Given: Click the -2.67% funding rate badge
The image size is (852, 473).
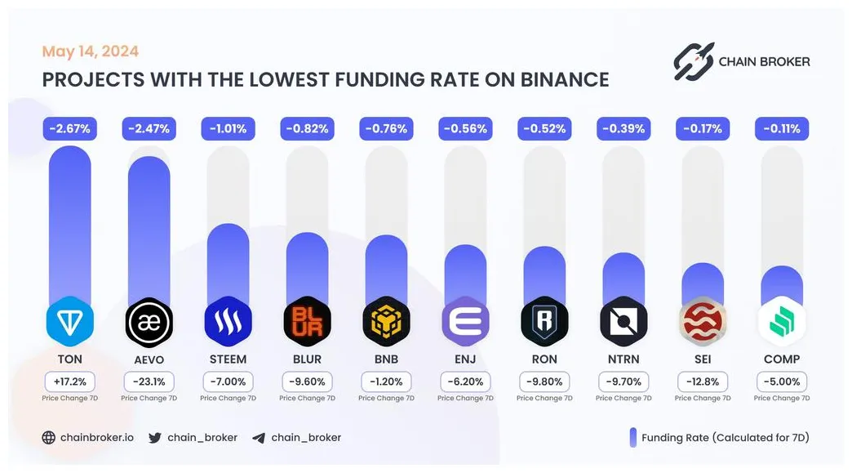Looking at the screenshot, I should pos(69,128).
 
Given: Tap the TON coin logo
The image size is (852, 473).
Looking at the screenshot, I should pos(69,322).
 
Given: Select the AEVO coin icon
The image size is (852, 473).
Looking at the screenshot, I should pos(149,323).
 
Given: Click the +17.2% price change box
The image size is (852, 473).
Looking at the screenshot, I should pos(69,382).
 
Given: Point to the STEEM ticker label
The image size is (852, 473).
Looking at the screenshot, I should pos(228,359).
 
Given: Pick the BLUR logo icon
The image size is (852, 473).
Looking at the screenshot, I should pos(307,323).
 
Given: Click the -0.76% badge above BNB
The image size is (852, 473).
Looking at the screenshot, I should pos(386,128).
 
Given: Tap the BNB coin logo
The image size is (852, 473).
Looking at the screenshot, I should pos(386,323).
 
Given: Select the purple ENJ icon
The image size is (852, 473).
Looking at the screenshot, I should pos(465,323).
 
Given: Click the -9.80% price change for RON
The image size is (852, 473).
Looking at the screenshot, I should pos(544,382).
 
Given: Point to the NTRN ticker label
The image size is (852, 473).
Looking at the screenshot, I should pos(623,359).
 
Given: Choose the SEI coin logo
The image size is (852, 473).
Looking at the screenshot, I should pos(703,323).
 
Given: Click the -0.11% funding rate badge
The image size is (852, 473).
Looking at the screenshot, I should pos(782,128).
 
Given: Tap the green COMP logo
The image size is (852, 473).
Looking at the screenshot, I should pos(782,323).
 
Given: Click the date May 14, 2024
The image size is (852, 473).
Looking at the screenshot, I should pos(91,51).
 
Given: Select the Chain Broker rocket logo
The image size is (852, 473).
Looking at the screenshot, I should pos(694,61).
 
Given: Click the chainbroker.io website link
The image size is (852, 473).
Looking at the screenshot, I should pos(96,437).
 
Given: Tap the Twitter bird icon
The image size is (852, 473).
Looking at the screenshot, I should pos(155,437).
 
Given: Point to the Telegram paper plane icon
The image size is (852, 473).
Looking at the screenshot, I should pos(259,437).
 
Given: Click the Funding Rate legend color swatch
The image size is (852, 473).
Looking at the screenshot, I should pos(632,437).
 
